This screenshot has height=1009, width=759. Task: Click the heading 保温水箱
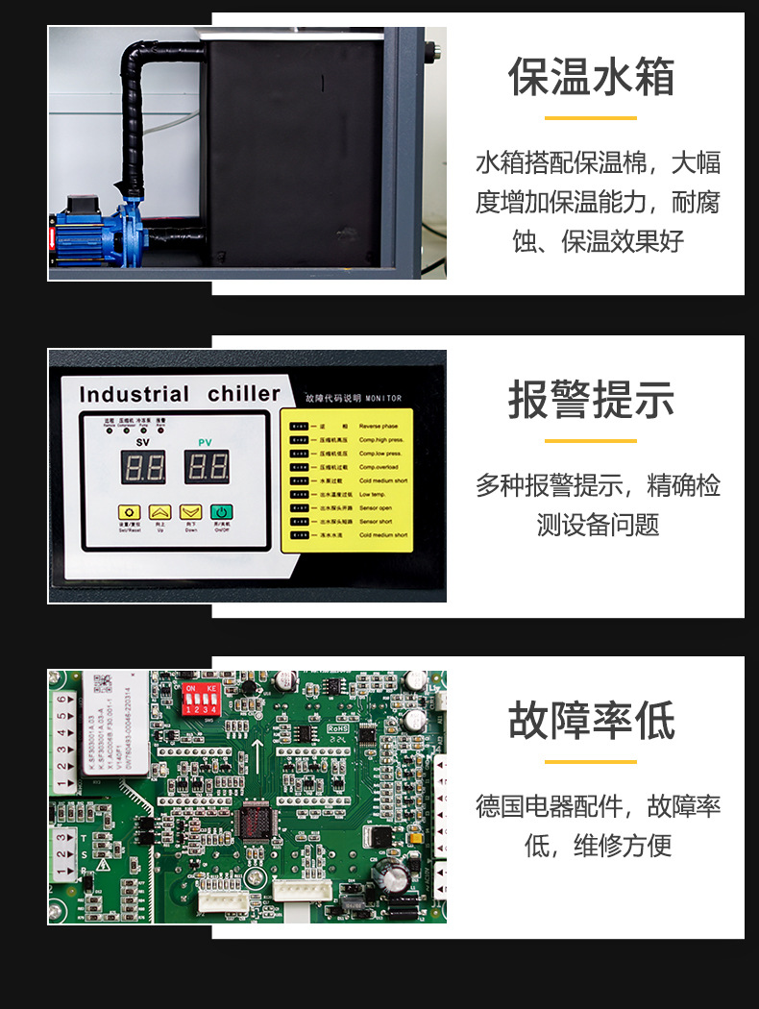(x=591, y=77)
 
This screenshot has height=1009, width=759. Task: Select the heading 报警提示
(x=591, y=400)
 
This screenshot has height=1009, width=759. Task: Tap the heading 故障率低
(x=591, y=721)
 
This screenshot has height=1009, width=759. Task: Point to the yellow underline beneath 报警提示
(x=591, y=441)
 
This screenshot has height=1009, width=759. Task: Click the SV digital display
(x=142, y=468)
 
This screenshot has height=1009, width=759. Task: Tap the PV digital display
(x=206, y=468)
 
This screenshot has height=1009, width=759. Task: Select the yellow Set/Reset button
(x=130, y=513)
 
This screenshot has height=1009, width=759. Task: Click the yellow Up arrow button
(x=160, y=513)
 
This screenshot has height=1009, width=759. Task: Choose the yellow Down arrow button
(x=191, y=513)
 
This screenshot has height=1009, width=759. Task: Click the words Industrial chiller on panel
(x=180, y=394)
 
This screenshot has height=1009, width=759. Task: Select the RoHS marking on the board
(x=338, y=729)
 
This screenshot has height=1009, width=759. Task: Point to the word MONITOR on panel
(x=382, y=398)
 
